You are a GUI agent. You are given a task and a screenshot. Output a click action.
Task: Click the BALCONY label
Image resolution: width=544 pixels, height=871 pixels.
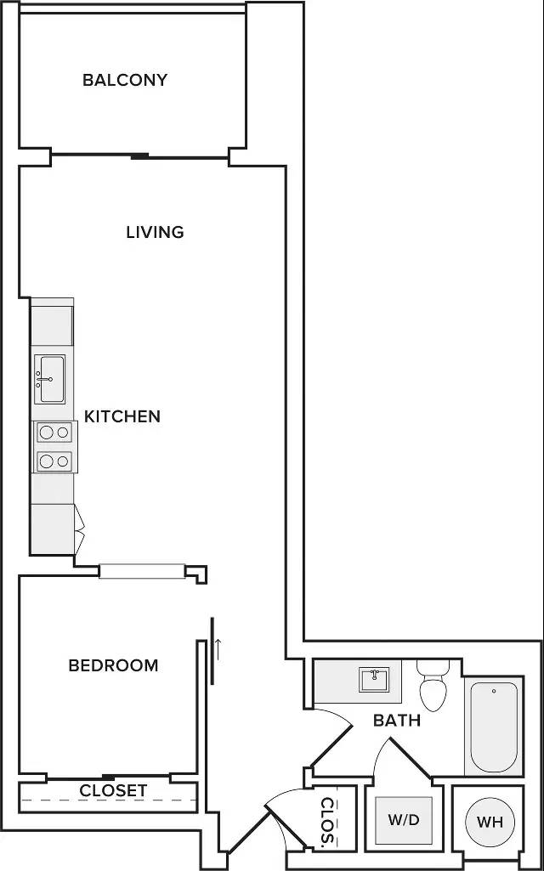coord(124,80)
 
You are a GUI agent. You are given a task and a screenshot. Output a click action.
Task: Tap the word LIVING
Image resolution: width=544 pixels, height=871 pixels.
coord(155,232)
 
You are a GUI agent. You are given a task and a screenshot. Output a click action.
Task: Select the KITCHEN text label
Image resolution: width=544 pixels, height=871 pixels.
coord(122,416)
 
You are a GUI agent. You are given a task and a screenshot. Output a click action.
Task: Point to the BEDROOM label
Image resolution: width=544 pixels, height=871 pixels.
coord(113,665)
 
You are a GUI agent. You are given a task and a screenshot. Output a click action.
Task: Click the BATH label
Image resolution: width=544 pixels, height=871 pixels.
coord(397,721)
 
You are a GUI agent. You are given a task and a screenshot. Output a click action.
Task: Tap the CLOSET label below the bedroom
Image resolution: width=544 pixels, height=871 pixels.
coord(113,790)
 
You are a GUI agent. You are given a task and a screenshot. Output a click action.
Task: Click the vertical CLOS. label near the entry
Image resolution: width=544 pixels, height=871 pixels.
coord(328,822)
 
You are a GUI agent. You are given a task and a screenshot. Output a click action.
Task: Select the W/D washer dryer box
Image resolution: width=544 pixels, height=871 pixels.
coord(404,821)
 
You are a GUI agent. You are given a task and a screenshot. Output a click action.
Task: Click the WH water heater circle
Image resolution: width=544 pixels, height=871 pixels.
coord(490,822)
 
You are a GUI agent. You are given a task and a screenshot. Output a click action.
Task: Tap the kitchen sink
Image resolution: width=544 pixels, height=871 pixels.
coord(50,379)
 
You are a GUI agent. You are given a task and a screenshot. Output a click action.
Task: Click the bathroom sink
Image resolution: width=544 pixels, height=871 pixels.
coord(374,679)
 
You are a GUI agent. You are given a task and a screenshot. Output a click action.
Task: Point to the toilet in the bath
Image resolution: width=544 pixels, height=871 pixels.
coord(433,686)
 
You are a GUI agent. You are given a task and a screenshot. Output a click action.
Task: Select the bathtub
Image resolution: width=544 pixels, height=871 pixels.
coord(494,727)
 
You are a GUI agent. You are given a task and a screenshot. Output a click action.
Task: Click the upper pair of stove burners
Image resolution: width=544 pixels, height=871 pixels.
coord(54,433)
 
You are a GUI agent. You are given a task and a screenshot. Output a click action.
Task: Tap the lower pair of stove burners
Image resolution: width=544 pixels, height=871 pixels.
coord(54,461)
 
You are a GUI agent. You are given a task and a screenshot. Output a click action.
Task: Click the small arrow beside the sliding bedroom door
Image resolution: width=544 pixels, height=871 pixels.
coord(218,649)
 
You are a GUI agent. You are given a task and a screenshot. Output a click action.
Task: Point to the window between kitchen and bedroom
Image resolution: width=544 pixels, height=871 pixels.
coord(142,572)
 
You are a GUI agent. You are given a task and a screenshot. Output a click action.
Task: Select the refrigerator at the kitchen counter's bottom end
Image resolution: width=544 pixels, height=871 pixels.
coord(52,529)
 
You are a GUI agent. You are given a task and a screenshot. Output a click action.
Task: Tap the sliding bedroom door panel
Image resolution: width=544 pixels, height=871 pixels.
coord(212,652)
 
